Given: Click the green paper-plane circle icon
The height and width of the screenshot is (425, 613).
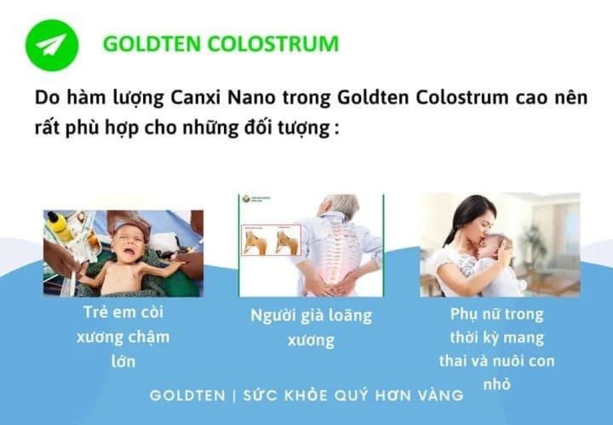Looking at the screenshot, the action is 52,46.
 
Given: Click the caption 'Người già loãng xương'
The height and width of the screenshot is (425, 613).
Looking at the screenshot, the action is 311,327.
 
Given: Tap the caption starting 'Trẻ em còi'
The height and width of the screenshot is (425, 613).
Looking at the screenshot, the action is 123,336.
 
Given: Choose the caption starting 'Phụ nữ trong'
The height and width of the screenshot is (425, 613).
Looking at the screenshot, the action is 496,349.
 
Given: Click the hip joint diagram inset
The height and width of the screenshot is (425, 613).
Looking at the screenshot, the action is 271,240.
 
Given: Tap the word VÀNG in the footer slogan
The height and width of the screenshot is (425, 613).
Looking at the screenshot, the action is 441,396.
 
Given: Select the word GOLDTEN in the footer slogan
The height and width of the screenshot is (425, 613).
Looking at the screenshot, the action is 187,396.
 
